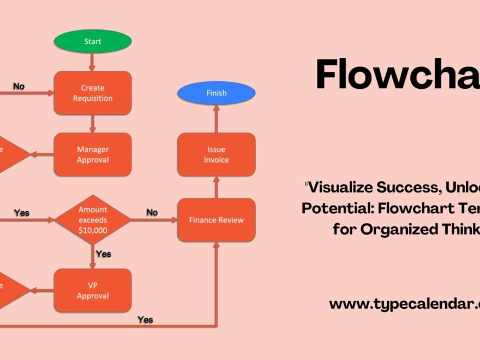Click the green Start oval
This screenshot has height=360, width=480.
(x=92, y=41)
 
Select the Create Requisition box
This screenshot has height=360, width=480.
(x=92, y=93)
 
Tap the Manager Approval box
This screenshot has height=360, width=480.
(x=92, y=154)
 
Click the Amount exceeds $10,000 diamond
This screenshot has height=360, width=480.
(x=92, y=220)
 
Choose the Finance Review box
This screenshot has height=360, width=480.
(x=216, y=220)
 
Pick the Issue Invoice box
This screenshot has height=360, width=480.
(x=216, y=154)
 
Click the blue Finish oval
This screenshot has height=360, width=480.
(x=216, y=93)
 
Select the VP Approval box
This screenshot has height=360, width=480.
(x=92, y=291)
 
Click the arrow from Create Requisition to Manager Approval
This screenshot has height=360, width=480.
(x=92, y=123)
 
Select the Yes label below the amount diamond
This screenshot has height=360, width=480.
(x=103, y=254)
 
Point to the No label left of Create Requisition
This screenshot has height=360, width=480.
(x=19, y=86)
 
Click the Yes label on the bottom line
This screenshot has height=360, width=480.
(x=145, y=319)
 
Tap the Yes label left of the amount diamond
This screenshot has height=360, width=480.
(x=22, y=213)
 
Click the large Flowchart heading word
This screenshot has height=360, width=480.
(x=397, y=75)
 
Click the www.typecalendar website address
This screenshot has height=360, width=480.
(x=404, y=304)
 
